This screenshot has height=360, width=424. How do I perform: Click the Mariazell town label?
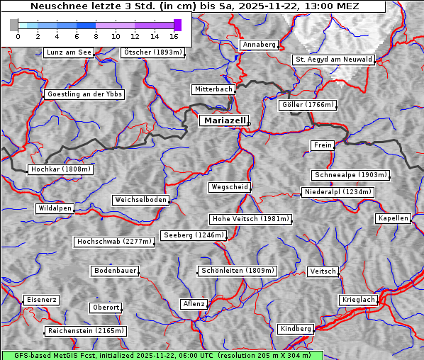click(223, 120)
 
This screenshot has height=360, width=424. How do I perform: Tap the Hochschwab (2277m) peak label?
click(114, 242)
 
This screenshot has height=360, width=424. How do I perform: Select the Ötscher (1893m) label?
click(152, 52)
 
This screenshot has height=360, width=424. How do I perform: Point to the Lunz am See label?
click(69, 52)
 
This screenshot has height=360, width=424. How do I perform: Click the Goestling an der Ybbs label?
click(84, 94)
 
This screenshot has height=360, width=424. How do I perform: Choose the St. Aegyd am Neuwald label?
click(333, 60)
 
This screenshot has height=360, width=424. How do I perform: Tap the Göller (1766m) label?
click(307, 105)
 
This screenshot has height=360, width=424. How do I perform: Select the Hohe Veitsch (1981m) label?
click(250, 219)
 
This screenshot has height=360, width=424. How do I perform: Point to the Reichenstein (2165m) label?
click(86, 331)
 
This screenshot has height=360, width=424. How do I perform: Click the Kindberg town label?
click(296, 329)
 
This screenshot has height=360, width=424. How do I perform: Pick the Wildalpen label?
click(55, 208)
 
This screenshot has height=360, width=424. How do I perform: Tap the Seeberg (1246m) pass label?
click(193, 235)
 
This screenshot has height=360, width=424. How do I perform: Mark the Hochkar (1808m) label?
click(60, 169)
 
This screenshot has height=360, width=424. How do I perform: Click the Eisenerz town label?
click(41, 300)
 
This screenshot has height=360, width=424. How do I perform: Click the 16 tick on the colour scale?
click(174, 35)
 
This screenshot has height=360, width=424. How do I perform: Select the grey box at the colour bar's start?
click(14, 25)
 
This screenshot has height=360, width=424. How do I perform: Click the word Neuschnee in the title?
click(59, 6)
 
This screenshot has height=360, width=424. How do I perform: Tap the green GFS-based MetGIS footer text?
click(162, 355)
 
